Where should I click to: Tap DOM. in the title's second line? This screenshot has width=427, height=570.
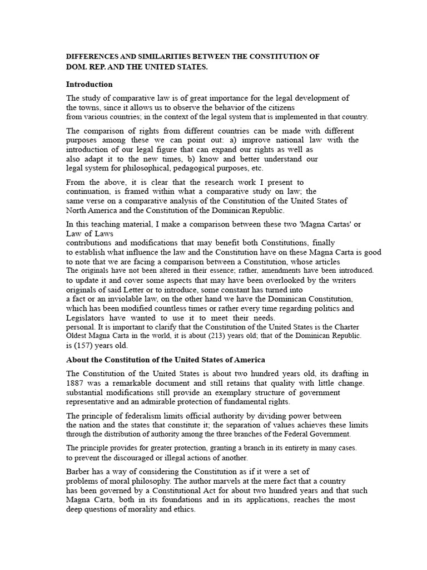click(76, 67)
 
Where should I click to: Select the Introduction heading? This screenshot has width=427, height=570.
click(90, 85)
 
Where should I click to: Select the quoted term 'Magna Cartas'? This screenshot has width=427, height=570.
click(319, 224)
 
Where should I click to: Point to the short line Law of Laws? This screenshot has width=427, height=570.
click(90, 234)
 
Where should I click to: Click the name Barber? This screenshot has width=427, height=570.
click(78, 471)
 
